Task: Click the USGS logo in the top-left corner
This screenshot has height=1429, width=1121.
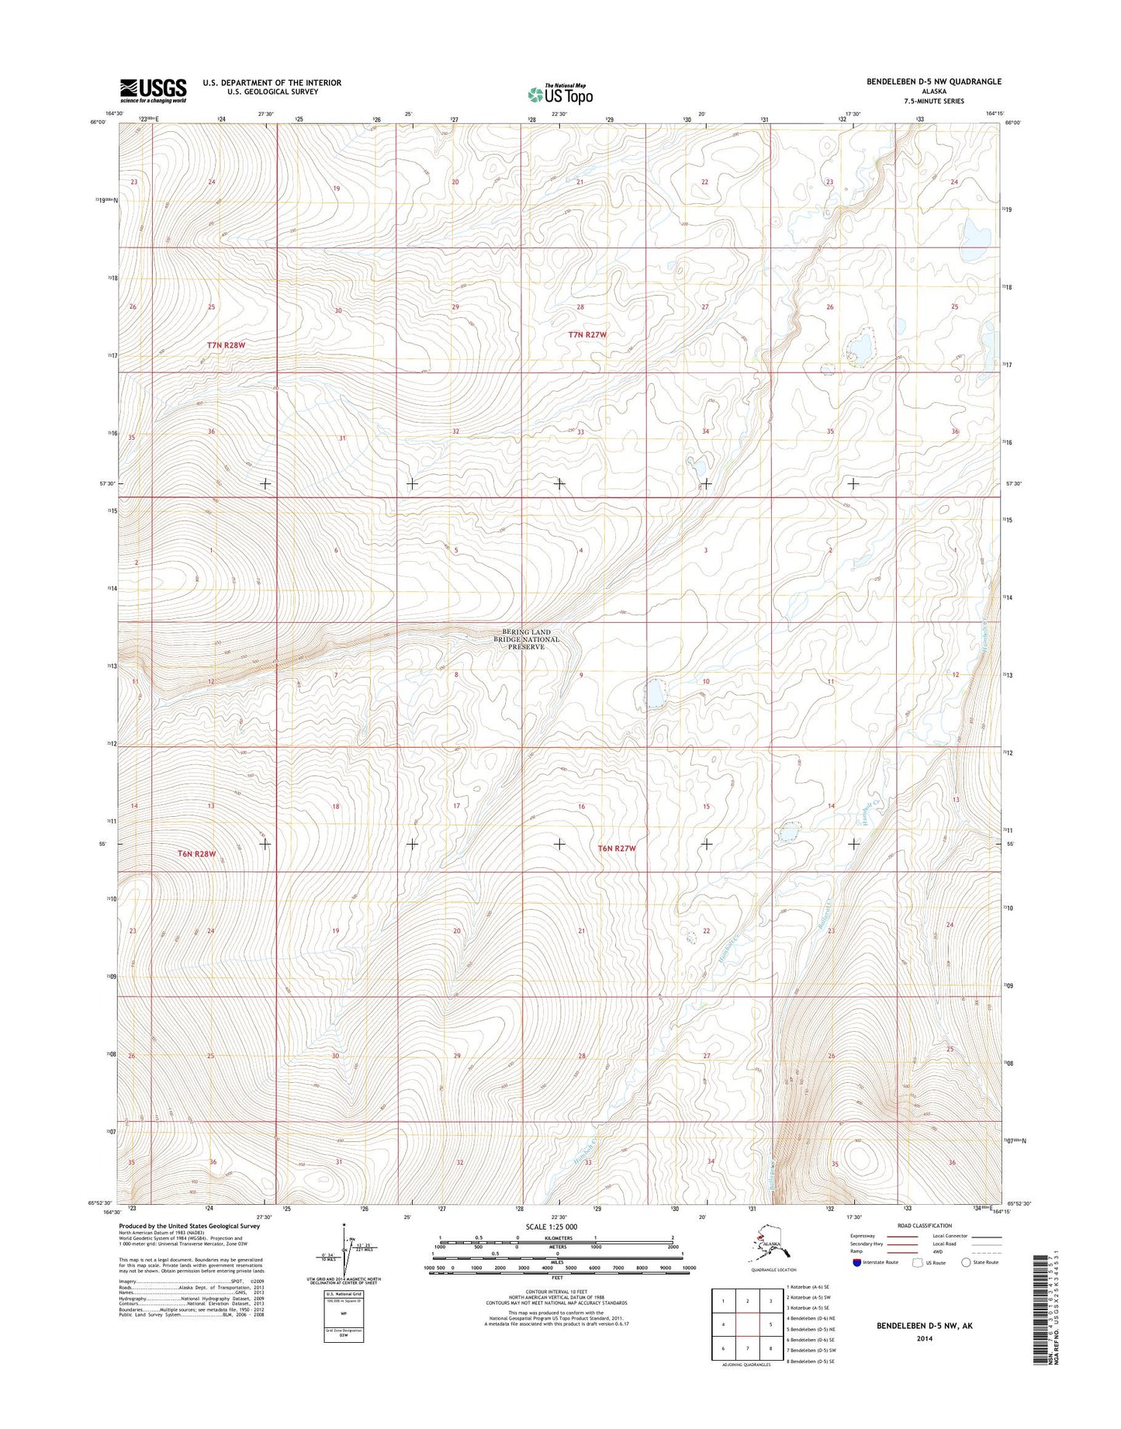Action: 153,90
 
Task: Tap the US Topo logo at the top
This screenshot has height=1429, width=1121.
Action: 560,94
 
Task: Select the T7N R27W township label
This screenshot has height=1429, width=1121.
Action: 587,334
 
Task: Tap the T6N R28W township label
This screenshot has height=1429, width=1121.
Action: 195,853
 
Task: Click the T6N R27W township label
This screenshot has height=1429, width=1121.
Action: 617,849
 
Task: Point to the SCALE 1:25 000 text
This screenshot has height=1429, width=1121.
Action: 552,1227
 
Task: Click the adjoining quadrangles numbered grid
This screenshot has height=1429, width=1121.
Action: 746,1324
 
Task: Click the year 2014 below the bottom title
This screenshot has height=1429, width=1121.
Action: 924,1338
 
